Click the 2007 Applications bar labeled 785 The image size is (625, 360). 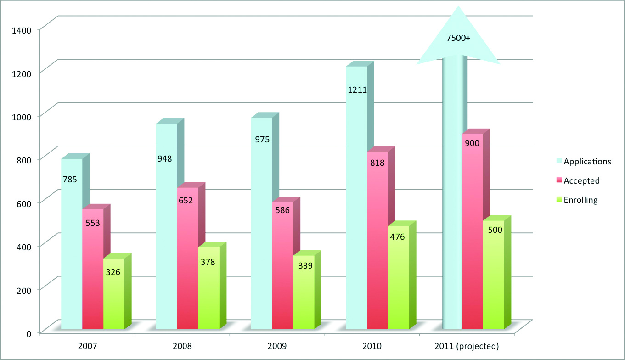[x=72, y=243]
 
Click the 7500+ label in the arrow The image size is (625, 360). [x=458, y=39]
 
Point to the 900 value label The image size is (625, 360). [x=472, y=143]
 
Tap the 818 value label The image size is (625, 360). [x=377, y=162]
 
